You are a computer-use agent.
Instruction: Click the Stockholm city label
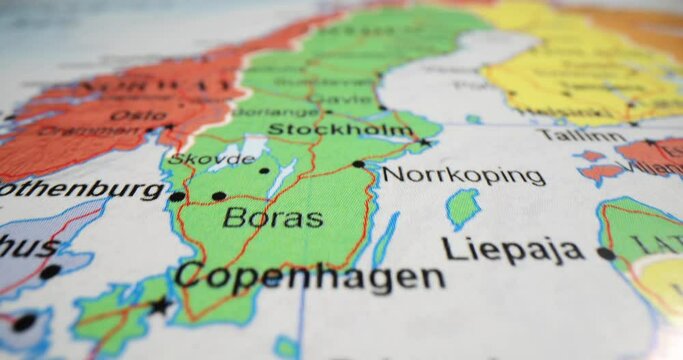coord(340,130)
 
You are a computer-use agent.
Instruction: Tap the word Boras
coord(272,217)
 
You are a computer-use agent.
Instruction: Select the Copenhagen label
coord(310,276)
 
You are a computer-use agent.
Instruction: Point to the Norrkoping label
coord(464,176)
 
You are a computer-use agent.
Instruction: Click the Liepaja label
coord(513,249)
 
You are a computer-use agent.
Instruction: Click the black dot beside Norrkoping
coord(358,164)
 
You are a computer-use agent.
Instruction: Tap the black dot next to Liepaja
coord(606,254)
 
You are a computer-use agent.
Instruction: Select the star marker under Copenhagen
coord(159,306)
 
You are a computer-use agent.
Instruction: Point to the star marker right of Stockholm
coord(424,142)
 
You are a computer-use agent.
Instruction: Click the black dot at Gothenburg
coord(177,197)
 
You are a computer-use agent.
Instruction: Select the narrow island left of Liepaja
coord(385,240)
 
